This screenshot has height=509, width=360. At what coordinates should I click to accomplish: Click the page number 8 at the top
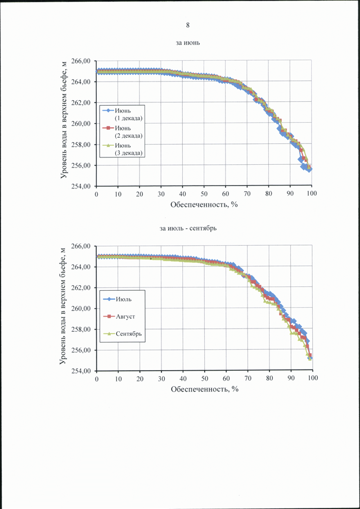pos(188,25)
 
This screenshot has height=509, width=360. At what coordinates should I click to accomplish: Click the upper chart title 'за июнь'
pos(188,42)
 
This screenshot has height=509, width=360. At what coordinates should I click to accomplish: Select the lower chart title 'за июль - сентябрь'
pos(188,228)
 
